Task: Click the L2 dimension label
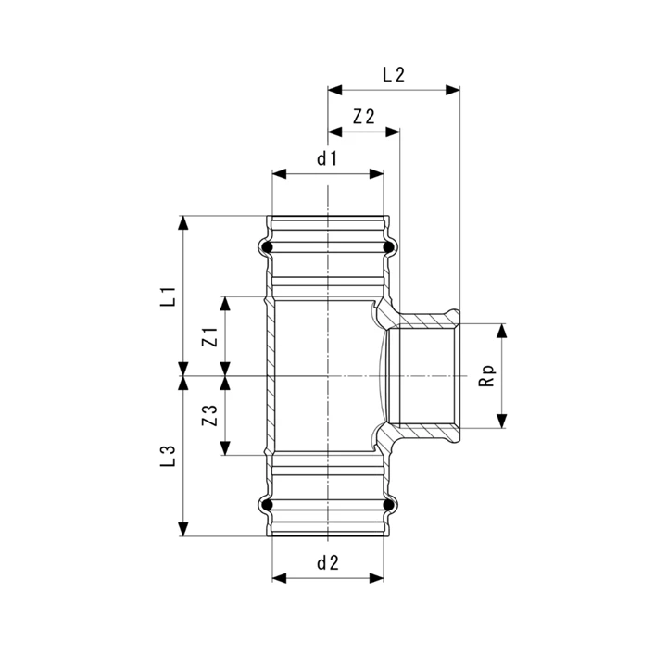pyautogui.click(x=394, y=75)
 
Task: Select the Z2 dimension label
pyautogui.click(x=364, y=117)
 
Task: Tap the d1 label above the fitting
pyautogui.click(x=327, y=158)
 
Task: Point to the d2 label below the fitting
pyautogui.click(x=328, y=563)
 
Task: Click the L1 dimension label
pyautogui.click(x=168, y=296)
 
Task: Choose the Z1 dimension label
pyautogui.click(x=209, y=336)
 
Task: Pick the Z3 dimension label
pyautogui.click(x=209, y=415)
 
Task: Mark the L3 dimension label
pyautogui.click(x=168, y=456)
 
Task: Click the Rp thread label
pyautogui.click(x=487, y=375)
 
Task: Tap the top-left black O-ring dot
pyautogui.click(x=267, y=247)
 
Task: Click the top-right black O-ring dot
pyautogui.click(x=388, y=247)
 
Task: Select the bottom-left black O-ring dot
pyautogui.click(x=267, y=505)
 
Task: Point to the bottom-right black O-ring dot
pyautogui.click(x=388, y=505)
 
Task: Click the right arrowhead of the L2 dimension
pyautogui.click(x=453, y=90)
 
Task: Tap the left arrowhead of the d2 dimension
pyautogui.click(x=280, y=578)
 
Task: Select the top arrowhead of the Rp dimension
pyautogui.click(x=502, y=331)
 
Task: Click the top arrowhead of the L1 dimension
pyautogui.click(x=182, y=223)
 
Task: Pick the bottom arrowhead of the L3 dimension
pyautogui.click(x=182, y=529)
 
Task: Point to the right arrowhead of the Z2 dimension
pyautogui.click(x=393, y=132)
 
